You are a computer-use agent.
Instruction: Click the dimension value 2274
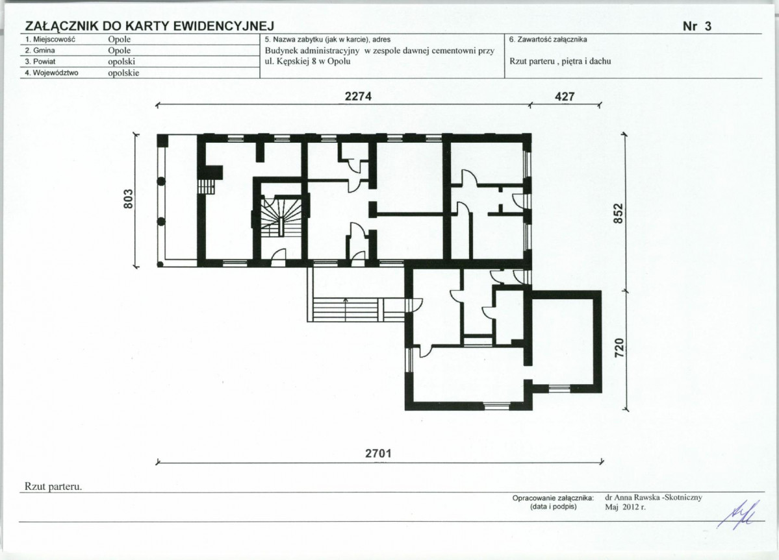click(x=358, y=96)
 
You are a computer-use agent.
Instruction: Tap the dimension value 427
click(x=565, y=96)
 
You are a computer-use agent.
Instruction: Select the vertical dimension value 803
click(x=129, y=199)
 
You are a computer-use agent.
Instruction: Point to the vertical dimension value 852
click(x=618, y=213)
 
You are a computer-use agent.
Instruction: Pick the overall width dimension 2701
click(x=379, y=454)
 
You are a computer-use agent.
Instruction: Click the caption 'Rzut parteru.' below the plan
click(x=53, y=487)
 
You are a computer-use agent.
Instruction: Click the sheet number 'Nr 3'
click(x=697, y=27)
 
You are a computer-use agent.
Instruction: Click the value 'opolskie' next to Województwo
click(x=123, y=73)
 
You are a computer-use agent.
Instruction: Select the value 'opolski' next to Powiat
click(x=121, y=62)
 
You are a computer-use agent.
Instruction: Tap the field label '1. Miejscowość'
click(x=49, y=39)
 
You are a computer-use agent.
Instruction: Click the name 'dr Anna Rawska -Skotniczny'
click(x=654, y=497)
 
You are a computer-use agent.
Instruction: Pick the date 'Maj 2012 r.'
click(x=625, y=507)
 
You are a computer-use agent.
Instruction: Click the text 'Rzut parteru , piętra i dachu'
click(x=561, y=62)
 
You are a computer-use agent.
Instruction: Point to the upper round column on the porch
click(x=161, y=182)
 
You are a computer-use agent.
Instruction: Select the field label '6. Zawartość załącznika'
click(x=548, y=39)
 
